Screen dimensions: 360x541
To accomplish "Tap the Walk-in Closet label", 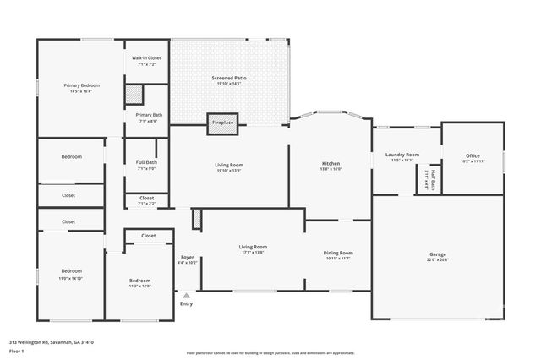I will click(x=146, y=57).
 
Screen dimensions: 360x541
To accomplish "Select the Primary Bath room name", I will click(x=149, y=115).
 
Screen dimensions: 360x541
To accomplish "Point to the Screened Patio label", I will click(x=228, y=78).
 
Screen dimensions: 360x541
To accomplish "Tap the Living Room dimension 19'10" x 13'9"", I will click(x=228, y=171).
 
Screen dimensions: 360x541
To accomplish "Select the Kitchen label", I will click(x=331, y=163).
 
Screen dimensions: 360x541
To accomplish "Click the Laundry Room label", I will click(x=402, y=155).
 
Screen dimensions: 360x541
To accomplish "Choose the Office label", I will click(x=473, y=155).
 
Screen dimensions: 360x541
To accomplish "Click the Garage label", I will click(x=437, y=254).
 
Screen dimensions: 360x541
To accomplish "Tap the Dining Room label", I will click(x=338, y=253).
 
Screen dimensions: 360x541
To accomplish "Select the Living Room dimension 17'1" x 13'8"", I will click(x=253, y=252).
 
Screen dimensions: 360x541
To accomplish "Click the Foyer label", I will click(x=188, y=257).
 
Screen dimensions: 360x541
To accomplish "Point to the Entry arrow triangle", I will click(x=186, y=295).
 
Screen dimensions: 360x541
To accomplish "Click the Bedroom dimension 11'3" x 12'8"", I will click(x=139, y=286).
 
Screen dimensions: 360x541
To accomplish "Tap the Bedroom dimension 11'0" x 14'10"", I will click(x=70, y=278).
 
